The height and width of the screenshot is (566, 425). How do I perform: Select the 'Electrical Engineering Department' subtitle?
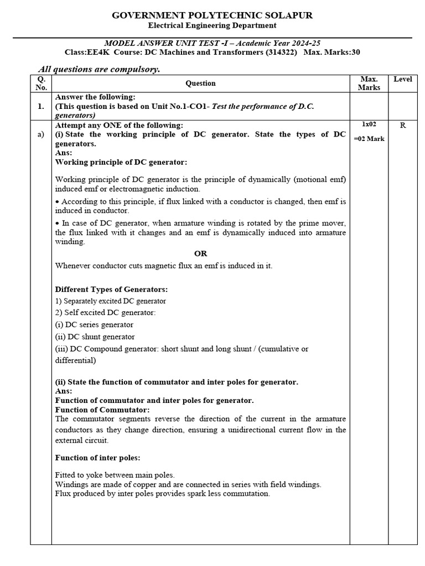pos(212,25)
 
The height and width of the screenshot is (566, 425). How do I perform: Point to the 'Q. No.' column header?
pos(41,83)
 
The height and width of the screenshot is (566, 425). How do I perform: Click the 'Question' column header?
pos(200,83)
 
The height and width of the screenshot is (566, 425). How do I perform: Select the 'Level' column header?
pos(402,80)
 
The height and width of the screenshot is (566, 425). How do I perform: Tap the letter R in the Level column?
pos(403,125)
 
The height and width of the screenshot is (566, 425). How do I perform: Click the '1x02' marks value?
pos(369,125)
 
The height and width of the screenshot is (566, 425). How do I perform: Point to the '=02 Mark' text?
pos(369,139)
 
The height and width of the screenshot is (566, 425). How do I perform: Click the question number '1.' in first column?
pos(41,106)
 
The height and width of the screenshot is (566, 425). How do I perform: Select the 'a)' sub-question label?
pos(41,135)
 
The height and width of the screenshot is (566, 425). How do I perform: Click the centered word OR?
pos(200,254)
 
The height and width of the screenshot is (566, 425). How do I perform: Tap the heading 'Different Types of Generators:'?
pos(111,289)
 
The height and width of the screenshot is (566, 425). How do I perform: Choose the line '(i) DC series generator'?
pos(94,325)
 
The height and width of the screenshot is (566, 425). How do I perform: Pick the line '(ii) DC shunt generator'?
pos(95,337)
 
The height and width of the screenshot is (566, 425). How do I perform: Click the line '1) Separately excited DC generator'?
pos(111,301)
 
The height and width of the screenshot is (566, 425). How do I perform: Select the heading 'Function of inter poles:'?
pos(97,458)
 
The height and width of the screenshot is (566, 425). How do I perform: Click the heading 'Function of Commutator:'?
pos(102,410)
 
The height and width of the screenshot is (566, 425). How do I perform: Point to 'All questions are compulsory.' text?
pos(99,69)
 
